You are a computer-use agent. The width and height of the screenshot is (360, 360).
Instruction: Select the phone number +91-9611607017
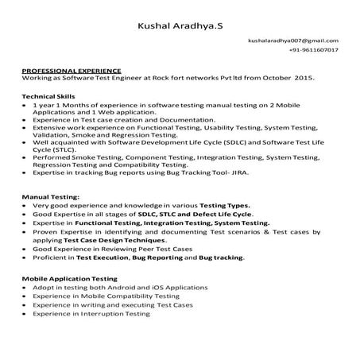314,50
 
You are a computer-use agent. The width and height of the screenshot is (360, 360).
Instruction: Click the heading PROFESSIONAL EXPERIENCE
72,72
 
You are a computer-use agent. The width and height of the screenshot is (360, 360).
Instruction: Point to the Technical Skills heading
48,95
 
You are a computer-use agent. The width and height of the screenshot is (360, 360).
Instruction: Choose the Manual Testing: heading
50,195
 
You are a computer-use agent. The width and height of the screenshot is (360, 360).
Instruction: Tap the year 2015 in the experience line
305,79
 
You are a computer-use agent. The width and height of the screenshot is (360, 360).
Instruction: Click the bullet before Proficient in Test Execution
25,257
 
